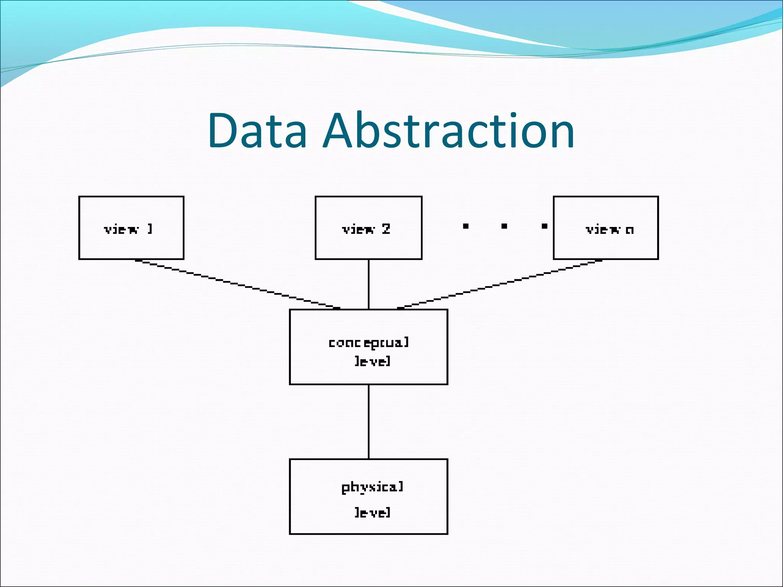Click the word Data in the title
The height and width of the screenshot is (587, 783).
tap(257, 131)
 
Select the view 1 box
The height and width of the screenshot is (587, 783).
tap(131, 228)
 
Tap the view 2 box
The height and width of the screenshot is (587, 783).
tap(368, 228)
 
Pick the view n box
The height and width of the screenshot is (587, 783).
tap(606, 228)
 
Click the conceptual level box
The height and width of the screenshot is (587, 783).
tap(368, 347)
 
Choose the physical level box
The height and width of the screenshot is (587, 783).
tap(368, 496)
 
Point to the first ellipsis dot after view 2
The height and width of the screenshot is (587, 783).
tap(466, 226)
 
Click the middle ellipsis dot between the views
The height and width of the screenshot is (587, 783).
tap(504, 226)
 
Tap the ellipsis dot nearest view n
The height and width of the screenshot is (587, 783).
tap(544, 226)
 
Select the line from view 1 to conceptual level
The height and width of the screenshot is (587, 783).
tap(237, 284)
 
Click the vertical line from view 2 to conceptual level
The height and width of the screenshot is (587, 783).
tap(369, 284)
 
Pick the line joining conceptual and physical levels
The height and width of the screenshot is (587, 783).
tap(369, 421)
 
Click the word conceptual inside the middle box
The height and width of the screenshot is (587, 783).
tap(369, 342)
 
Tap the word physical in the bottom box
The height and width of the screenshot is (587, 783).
tap(372, 488)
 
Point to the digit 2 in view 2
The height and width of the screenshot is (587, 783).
tap(385, 229)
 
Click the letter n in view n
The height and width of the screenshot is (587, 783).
tap(629, 230)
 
